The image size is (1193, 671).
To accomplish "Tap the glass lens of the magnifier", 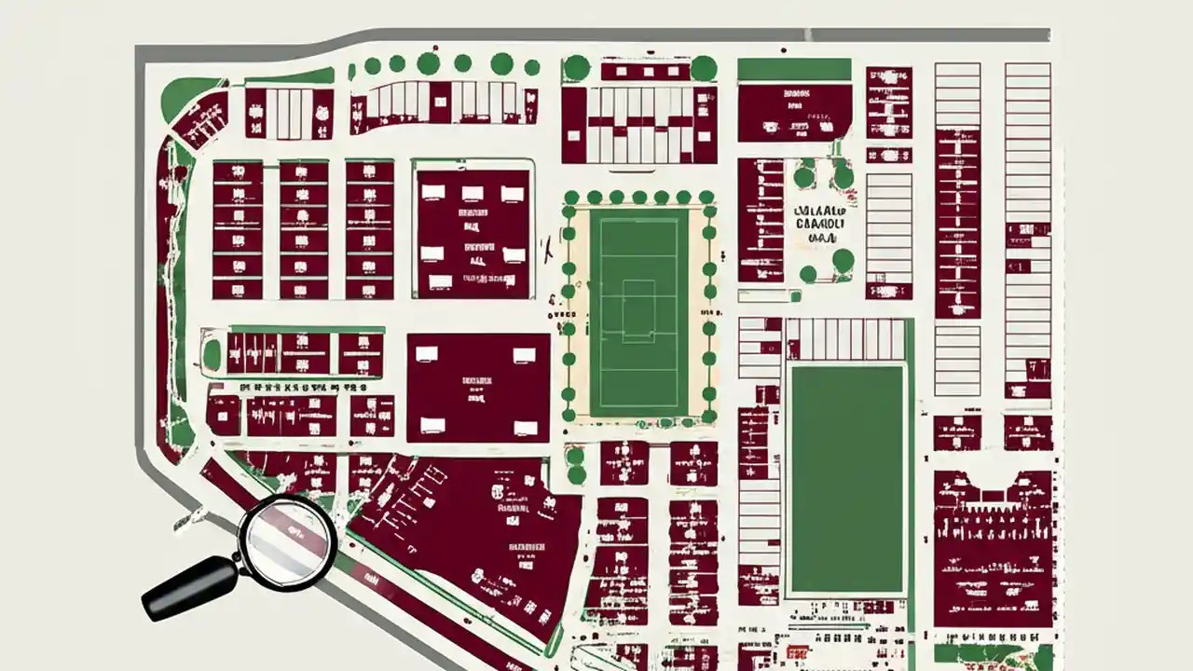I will click(x=287, y=541).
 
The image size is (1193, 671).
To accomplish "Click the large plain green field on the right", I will click(x=846, y=480).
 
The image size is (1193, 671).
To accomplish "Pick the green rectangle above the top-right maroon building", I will click(x=794, y=69).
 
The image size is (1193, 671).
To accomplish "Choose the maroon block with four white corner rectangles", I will click(x=478, y=388).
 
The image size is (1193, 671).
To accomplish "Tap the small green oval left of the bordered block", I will click(x=213, y=354).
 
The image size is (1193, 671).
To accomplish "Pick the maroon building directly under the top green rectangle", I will click(x=794, y=112).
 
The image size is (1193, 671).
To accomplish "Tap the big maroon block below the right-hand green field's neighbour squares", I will click(x=993, y=550).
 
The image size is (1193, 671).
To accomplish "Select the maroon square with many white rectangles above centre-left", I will click(x=473, y=233).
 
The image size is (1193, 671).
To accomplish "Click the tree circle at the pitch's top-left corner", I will click(x=570, y=198).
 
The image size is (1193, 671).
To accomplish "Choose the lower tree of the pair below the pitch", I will click(x=576, y=474).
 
